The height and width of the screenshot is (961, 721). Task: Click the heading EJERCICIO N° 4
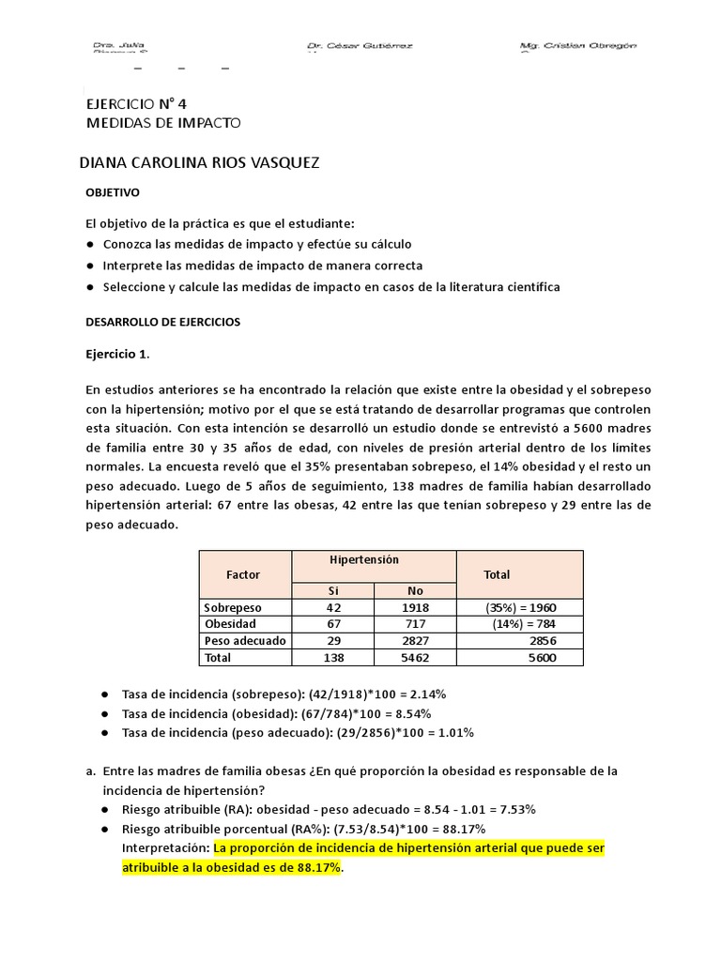(143, 104)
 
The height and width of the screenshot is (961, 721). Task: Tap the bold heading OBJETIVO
(113, 192)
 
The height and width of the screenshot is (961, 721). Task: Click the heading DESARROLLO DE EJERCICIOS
(162, 322)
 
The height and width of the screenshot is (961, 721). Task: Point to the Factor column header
(244, 574)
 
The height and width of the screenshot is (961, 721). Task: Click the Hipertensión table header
(364, 559)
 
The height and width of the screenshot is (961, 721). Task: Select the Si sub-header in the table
(332, 591)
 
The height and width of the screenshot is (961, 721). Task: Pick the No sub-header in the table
(415, 591)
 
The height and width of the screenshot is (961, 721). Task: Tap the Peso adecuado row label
(245, 641)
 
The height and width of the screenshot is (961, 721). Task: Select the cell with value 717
(415, 624)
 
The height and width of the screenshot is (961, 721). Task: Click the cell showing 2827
(415, 641)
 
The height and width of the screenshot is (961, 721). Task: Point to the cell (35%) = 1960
(519, 607)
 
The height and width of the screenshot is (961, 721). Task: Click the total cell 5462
(415, 658)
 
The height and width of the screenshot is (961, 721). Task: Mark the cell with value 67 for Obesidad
(332, 624)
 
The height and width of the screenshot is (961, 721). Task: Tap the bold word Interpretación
(166, 847)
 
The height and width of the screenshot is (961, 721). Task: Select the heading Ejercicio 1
(117, 355)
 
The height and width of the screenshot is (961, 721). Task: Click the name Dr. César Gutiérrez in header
(360, 46)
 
